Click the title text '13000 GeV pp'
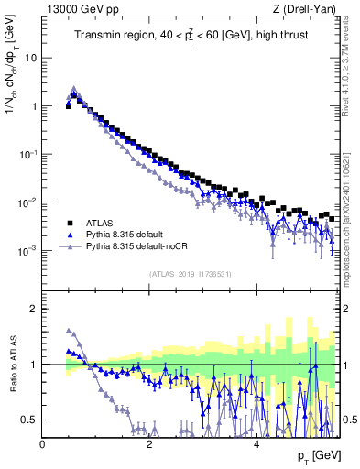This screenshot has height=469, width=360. (x=78, y=9)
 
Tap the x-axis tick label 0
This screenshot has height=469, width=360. (x=42, y=444)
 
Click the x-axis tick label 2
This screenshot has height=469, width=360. (x=149, y=444)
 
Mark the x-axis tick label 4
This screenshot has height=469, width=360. (x=256, y=444)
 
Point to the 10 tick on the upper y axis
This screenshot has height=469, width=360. (x=30, y=58)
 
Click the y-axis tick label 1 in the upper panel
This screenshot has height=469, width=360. (x=34, y=106)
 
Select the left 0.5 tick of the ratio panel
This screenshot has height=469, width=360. (x=28, y=420)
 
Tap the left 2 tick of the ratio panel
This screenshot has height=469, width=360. (x=34, y=309)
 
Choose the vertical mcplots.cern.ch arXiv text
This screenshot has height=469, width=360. (x=351, y=211)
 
